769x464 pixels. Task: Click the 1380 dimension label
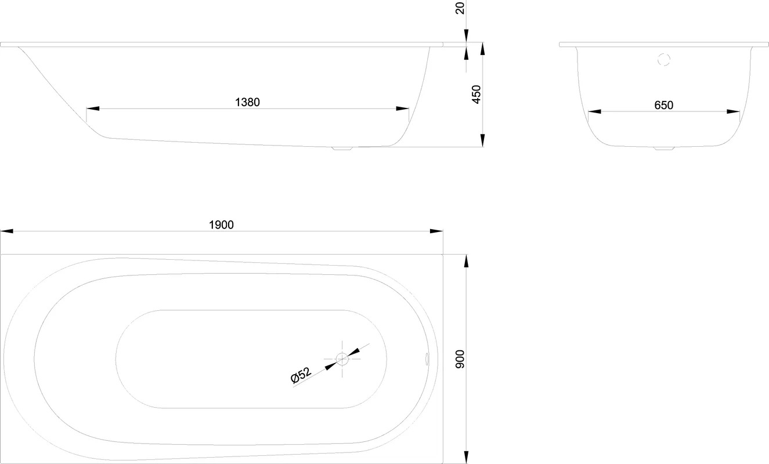[x=247, y=102]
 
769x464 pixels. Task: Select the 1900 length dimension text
[x=222, y=225]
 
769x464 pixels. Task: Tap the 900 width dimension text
[x=460, y=360]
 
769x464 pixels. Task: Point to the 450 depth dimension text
[x=476, y=95]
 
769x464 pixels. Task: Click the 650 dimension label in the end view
[x=663, y=106]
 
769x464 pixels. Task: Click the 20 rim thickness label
[x=460, y=8]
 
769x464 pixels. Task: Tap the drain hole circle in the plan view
[x=342, y=359]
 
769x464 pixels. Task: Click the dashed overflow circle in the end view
[x=664, y=60]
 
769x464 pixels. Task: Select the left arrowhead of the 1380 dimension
[x=93, y=108]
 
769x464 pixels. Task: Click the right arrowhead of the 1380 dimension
[x=402, y=108]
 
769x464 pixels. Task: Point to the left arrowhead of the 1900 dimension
[x=7, y=231]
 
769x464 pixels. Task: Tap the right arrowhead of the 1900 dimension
[x=436, y=231]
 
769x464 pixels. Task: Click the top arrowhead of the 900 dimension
[x=466, y=261]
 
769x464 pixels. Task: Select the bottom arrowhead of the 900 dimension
[x=466, y=457]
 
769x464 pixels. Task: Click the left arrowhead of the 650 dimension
[x=595, y=111]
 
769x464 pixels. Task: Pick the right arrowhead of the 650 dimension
[x=733, y=111]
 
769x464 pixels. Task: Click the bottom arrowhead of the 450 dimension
[x=483, y=140]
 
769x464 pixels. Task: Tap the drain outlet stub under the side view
[x=342, y=148]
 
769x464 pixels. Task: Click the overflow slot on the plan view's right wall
[x=427, y=358]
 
